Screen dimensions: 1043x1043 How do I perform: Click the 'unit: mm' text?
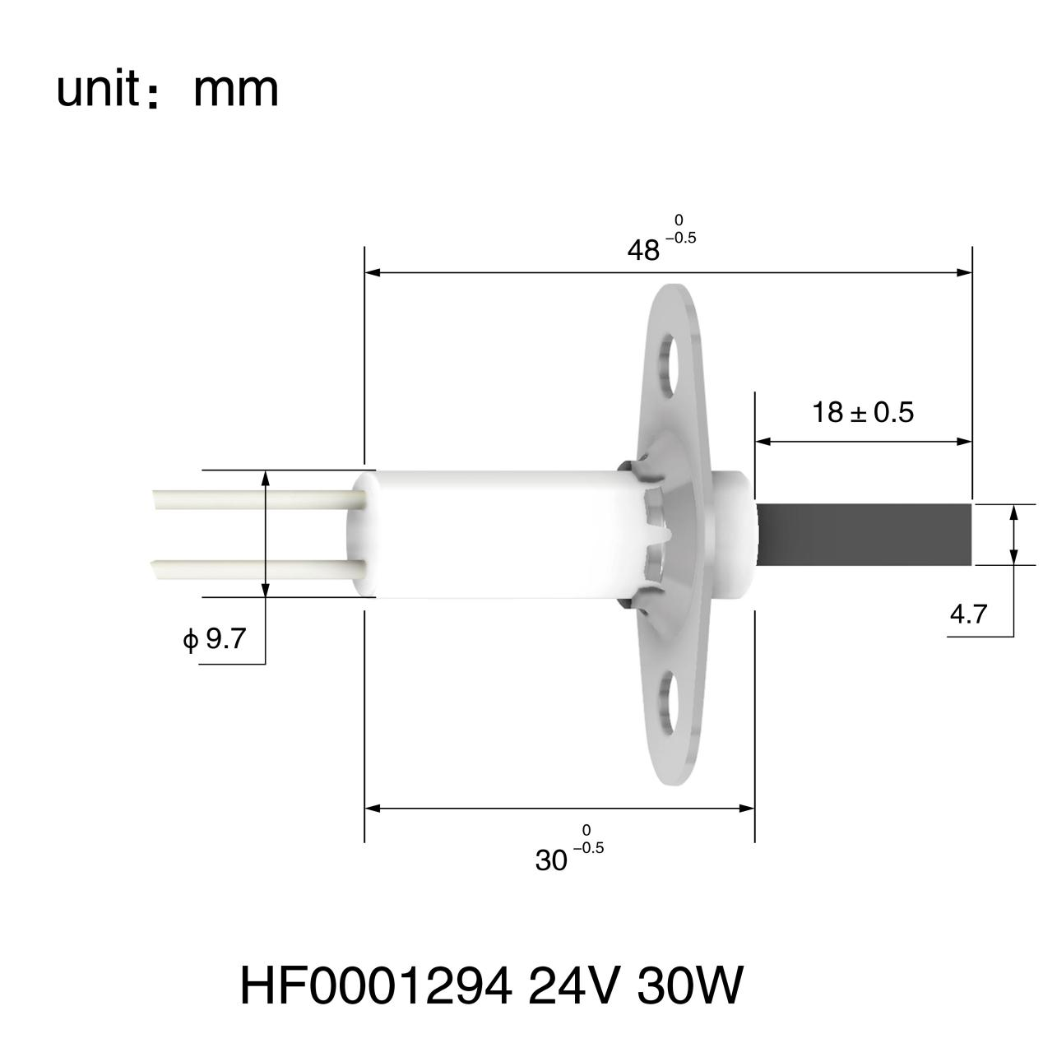coord(167,90)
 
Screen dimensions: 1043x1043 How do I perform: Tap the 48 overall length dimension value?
coord(643,250)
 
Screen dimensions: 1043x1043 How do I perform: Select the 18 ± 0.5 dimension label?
coord(862,411)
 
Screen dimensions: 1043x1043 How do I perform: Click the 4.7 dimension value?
coord(967,614)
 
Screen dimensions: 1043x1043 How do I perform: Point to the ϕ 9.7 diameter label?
coord(215,638)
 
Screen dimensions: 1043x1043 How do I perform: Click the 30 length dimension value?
coord(551,860)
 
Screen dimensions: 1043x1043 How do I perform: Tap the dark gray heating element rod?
coord(864,535)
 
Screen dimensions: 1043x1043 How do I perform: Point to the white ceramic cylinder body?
coord(494,533)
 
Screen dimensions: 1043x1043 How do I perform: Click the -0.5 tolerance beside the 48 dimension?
coord(681,239)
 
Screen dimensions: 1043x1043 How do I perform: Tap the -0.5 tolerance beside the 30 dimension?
coord(588,848)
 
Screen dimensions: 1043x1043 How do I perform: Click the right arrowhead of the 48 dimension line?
coord(965,272)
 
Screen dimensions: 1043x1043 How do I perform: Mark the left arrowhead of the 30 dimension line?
coord(373,809)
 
